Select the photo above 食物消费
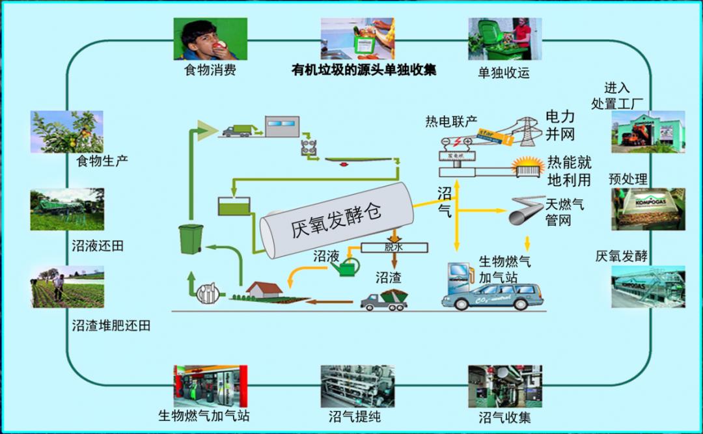[x=210, y=38]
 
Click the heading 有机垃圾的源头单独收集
[x=364, y=70]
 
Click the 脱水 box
[x=394, y=247]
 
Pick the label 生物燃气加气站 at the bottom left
[x=204, y=415]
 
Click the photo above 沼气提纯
[x=357, y=386]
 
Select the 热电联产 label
[x=451, y=122]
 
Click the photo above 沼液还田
[x=66, y=210]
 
